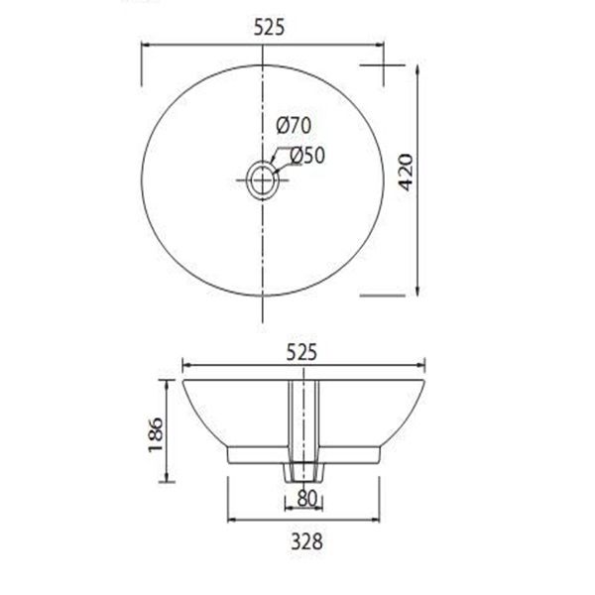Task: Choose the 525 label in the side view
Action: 300,349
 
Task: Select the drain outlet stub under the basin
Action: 301,471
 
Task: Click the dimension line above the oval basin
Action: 198,45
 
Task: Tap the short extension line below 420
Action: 382,295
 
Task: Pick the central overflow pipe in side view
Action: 301,416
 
